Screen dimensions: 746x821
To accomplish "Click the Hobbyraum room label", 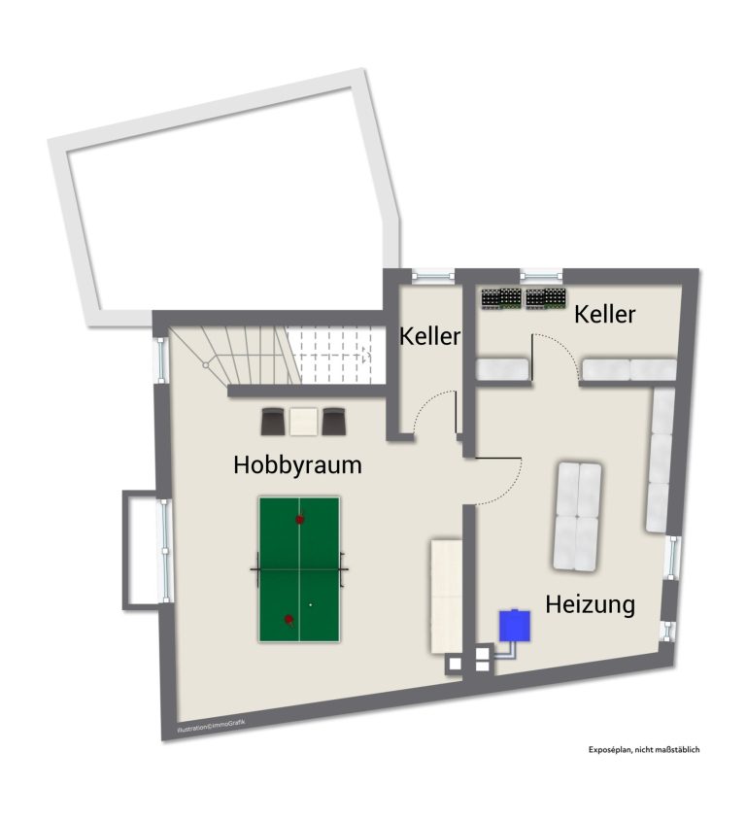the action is point(297,465).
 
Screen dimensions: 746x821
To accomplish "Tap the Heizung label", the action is point(590,604).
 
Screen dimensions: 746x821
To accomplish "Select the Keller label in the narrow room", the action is point(429,336).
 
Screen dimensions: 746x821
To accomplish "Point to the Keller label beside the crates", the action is point(604,314).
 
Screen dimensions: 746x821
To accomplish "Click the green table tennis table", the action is point(299,569).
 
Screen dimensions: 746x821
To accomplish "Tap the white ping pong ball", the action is point(311,604).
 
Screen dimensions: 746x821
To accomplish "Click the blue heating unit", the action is point(514,626).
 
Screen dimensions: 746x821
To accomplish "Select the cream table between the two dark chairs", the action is point(304,422).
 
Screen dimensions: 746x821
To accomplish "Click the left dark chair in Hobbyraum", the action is point(273,422).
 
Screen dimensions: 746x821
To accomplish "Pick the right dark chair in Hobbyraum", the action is point(333,422).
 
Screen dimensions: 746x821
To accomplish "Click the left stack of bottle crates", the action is point(501,298).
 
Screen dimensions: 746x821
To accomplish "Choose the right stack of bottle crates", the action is point(546,298).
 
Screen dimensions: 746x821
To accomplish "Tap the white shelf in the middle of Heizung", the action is point(577,516).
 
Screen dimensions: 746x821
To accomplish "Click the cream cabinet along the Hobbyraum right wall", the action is point(446,597).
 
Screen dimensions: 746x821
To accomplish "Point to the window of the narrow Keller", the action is point(433,275).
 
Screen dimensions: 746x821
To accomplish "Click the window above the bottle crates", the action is point(541,275).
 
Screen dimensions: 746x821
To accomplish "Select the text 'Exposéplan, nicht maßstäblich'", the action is point(644,750).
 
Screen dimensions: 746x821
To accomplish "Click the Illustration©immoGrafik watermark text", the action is point(211,725).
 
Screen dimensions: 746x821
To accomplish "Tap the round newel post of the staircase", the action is point(206,365).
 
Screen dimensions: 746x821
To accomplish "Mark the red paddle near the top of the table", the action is point(300,519).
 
